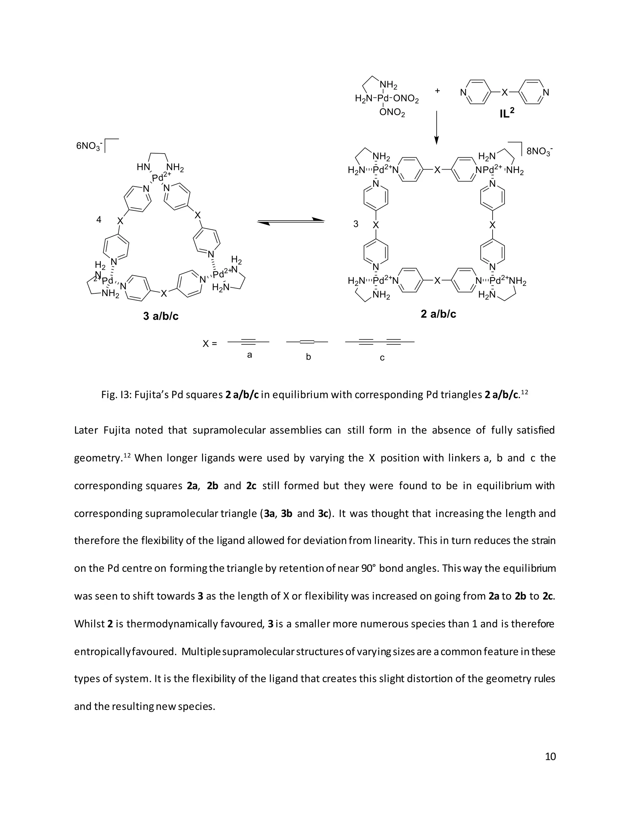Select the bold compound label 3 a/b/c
[x=161, y=316]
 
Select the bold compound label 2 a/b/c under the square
[x=438, y=314]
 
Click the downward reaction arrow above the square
[x=436, y=127]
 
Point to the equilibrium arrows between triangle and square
[x=290, y=221]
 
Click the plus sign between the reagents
[x=437, y=91]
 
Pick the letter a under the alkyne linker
[x=250, y=355]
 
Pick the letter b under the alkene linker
[x=308, y=357]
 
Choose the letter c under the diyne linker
[x=382, y=358]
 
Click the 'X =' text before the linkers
[x=209, y=343]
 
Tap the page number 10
[x=550, y=756]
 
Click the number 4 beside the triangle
[x=99, y=220]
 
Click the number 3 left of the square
[x=356, y=224]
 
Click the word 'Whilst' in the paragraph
[x=89, y=624]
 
